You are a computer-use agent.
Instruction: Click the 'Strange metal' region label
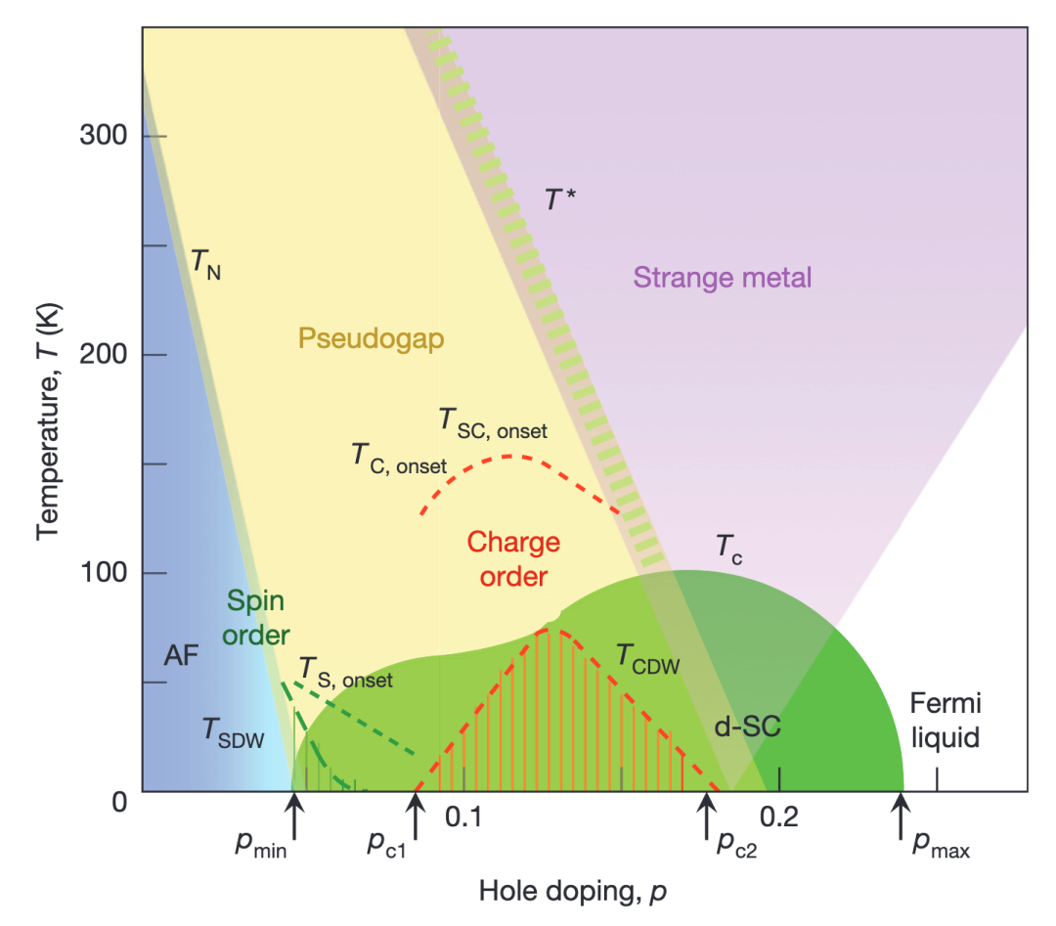pos(723,278)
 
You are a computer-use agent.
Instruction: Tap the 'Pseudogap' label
pos(371,338)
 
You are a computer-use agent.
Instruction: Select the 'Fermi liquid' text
pos(945,720)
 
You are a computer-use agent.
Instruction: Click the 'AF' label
pos(182,656)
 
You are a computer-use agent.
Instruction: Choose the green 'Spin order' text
pos(257,618)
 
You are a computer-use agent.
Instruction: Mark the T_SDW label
pos(233,732)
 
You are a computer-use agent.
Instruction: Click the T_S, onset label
pos(345,674)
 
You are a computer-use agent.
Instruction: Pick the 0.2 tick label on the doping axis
pos(779,816)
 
